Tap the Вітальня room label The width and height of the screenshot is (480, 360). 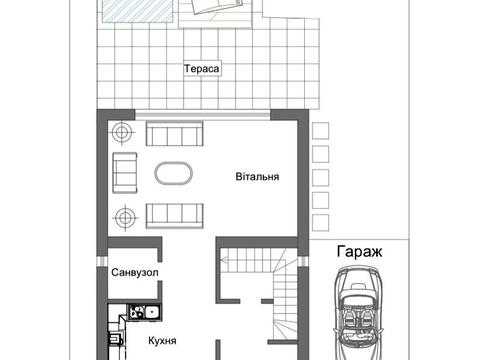tap(256, 176)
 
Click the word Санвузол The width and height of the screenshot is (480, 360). tap(136, 272)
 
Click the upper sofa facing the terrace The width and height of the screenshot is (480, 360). tap(176, 134)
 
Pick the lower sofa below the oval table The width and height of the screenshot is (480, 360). tap(176, 213)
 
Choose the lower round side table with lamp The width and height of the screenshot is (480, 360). tap(123, 214)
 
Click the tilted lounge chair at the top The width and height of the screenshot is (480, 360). tap(215, 10)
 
